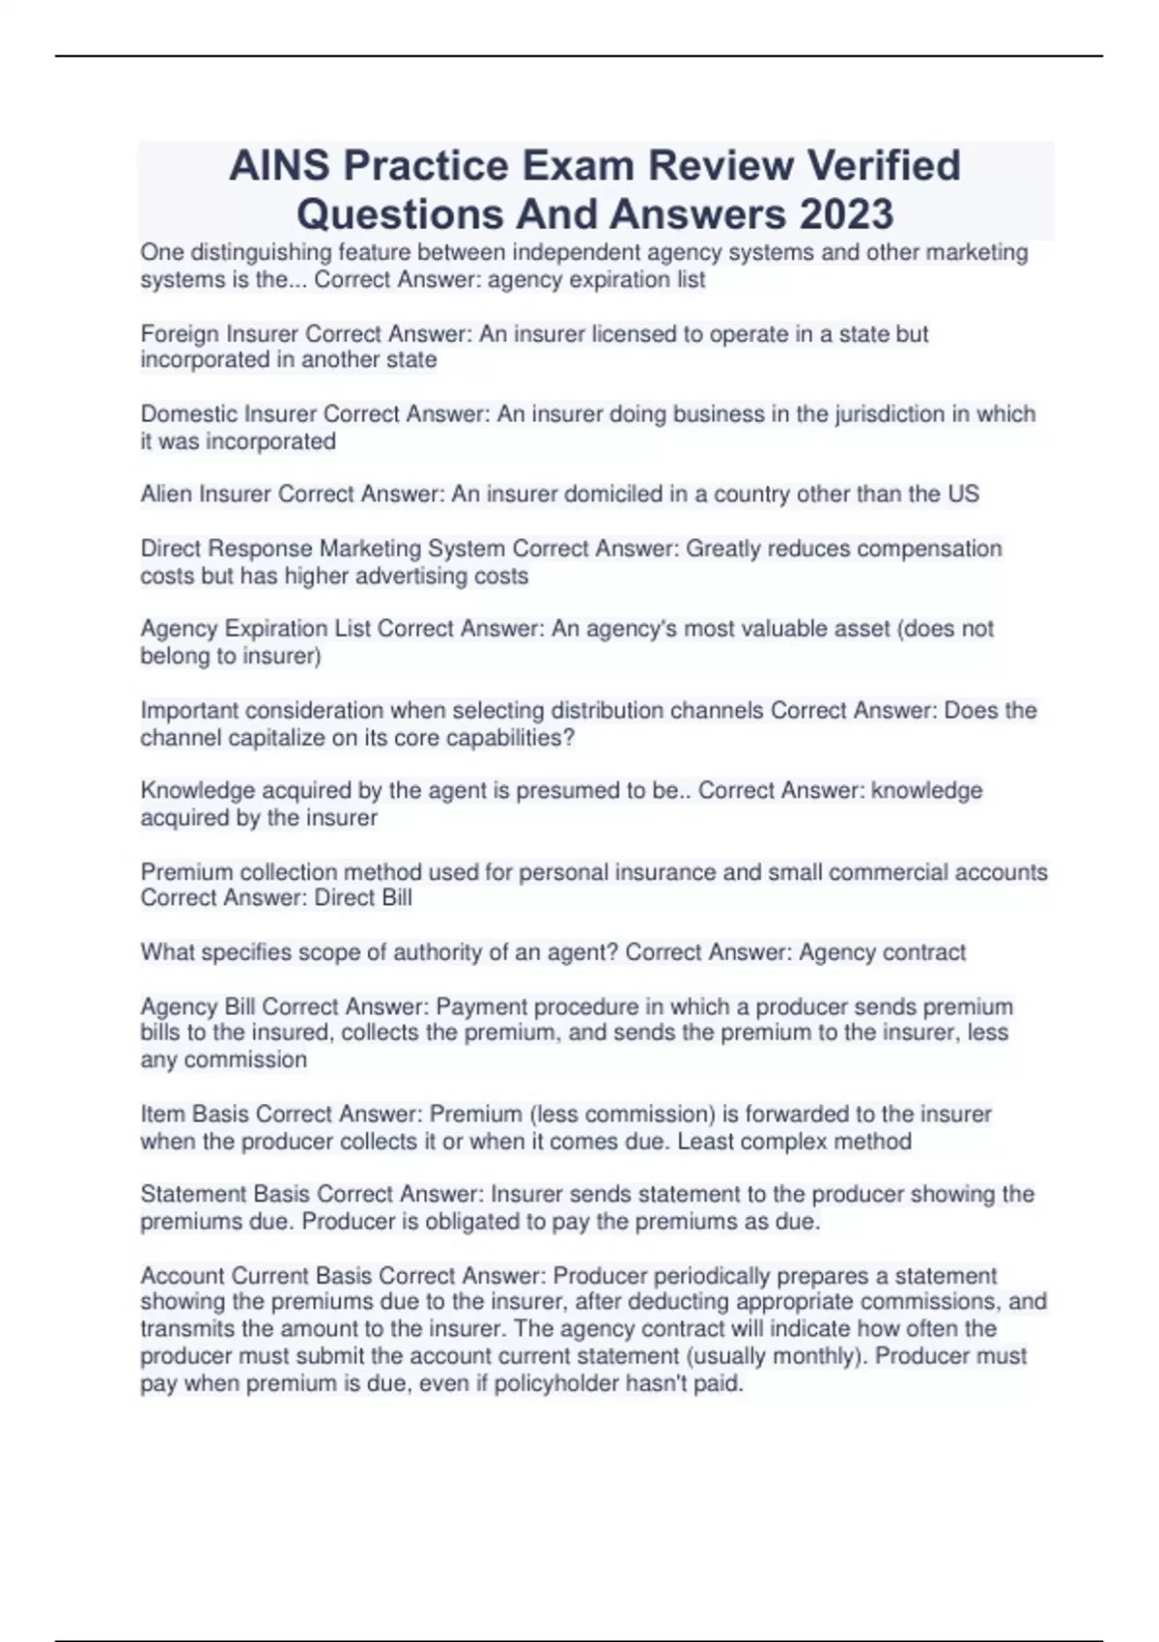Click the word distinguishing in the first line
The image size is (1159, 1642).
tap(262, 253)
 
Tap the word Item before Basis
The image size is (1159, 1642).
tap(163, 1114)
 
